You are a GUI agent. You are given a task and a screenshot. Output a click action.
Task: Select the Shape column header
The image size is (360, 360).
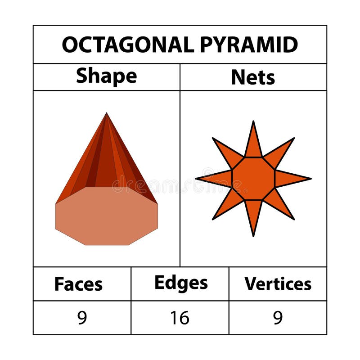106,76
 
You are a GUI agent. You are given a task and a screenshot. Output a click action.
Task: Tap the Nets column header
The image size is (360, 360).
253,77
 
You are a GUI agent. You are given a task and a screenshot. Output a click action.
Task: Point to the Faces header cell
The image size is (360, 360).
78,284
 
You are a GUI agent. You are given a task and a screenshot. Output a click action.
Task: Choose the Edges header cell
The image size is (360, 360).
181,283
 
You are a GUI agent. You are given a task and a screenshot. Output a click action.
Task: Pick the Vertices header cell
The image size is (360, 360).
278,284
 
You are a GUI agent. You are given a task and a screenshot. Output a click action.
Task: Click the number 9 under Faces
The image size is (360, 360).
81,318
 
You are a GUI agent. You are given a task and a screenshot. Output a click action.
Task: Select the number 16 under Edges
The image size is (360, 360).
180,318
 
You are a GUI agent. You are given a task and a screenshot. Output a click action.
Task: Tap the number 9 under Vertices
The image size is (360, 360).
278,318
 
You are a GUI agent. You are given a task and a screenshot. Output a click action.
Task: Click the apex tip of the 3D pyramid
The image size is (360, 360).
107,114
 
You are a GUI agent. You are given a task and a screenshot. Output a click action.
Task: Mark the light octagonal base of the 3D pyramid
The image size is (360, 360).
107,216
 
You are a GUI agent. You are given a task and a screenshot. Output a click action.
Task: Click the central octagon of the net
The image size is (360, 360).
253,179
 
